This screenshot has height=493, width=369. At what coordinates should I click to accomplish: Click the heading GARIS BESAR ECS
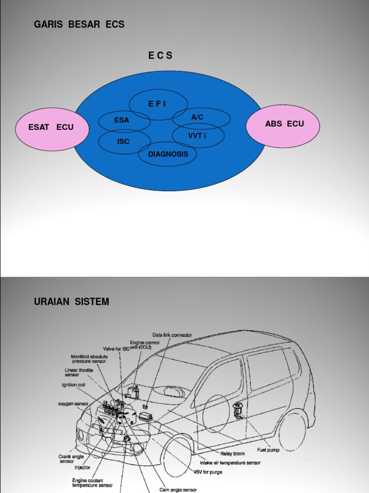(x=79, y=25)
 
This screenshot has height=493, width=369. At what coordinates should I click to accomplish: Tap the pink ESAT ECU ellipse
(x=51, y=128)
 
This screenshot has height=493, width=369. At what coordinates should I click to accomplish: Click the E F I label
(x=157, y=104)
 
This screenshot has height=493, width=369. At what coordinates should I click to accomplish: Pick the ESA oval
(x=122, y=120)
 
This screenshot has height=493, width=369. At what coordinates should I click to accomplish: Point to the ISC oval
(x=123, y=142)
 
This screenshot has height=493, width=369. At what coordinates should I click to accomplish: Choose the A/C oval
(x=197, y=117)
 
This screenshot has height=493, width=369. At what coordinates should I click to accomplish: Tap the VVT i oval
(x=197, y=136)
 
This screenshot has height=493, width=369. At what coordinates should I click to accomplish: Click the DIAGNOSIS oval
(x=165, y=154)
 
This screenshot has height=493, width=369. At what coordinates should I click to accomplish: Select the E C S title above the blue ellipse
(x=160, y=56)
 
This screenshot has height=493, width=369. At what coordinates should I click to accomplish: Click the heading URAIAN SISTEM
(x=72, y=302)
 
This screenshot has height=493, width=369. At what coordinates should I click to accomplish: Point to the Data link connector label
(x=172, y=335)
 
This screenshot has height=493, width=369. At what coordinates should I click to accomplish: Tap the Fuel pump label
(x=268, y=450)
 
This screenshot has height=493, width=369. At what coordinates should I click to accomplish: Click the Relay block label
(x=233, y=454)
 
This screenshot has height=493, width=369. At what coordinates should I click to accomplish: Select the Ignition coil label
(x=74, y=385)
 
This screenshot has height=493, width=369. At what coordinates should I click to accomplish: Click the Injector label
(x=82, y=467)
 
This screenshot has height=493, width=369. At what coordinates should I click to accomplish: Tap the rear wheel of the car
(x=292, y=431)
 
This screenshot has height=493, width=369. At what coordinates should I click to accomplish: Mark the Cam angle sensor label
(x=178, y=490)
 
